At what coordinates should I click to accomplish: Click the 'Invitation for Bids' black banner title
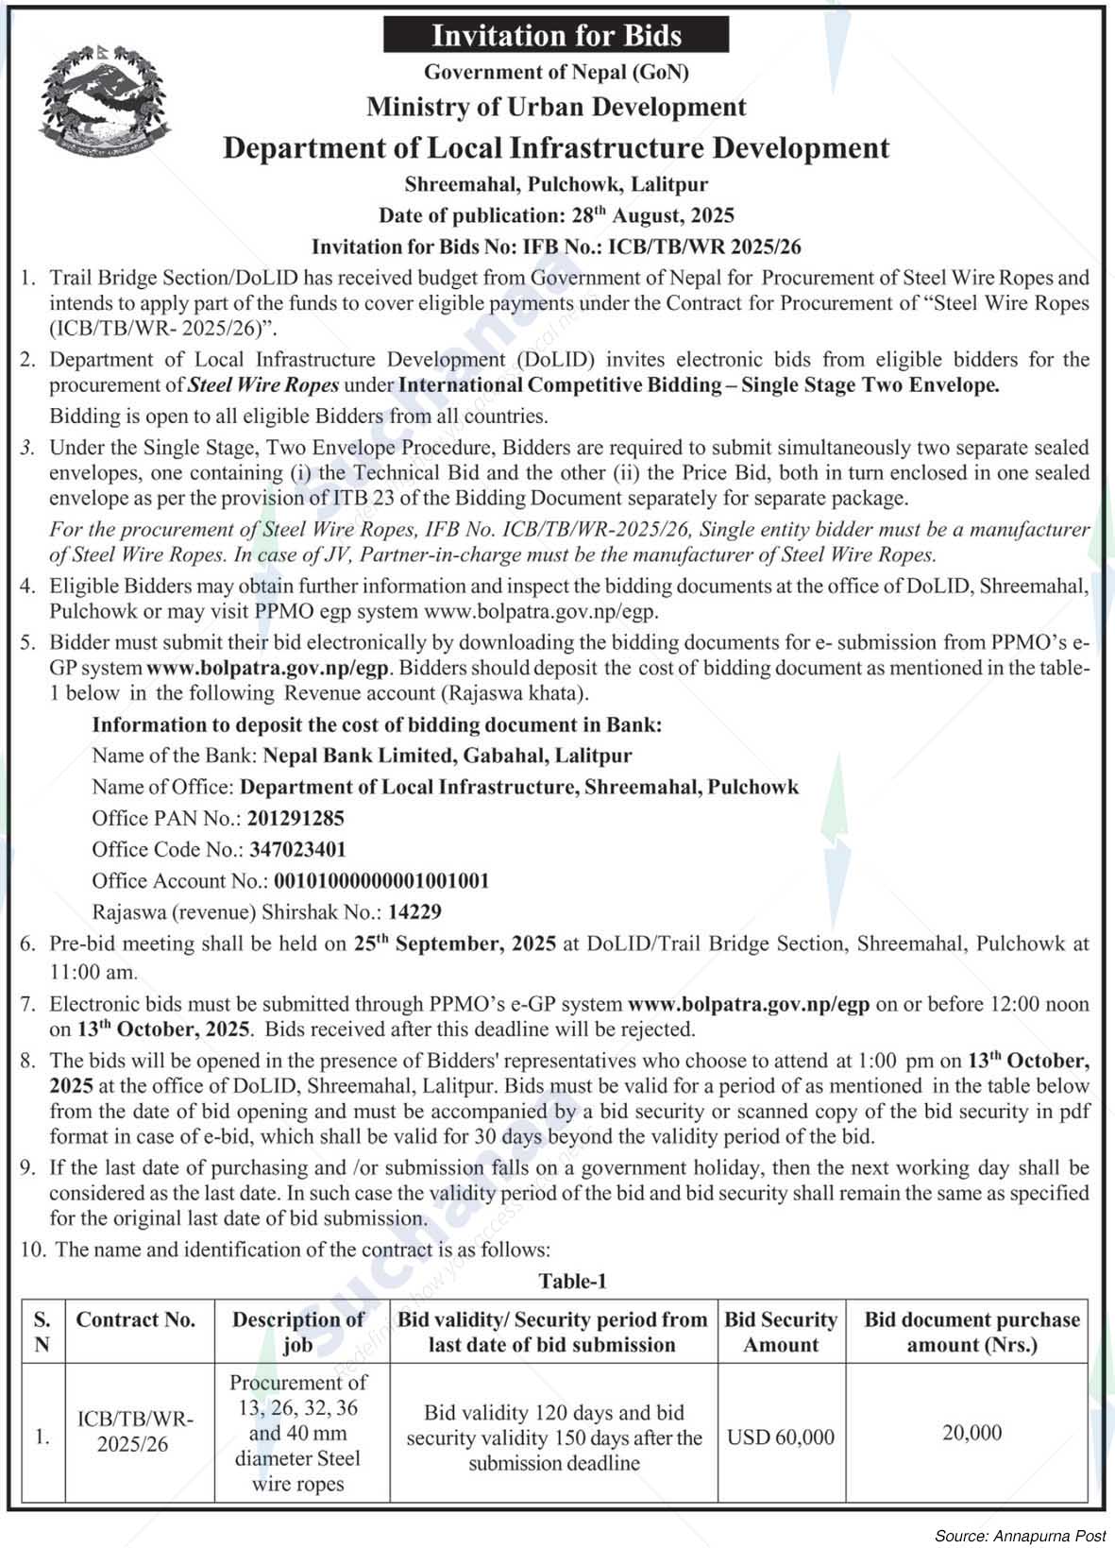point(556,36)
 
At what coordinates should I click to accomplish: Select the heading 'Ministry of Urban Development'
point(556,108)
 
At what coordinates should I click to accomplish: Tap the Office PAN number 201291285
point(296,818)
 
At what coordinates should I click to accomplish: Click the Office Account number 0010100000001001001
point(381,881)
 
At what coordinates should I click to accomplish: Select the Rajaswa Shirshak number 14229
point(414,912)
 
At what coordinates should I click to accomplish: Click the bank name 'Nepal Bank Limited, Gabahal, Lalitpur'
point(448,756)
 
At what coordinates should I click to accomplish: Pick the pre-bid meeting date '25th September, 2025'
point(455,944)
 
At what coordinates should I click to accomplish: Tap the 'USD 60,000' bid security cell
point(781,1437)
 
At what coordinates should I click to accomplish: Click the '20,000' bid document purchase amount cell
point(971,1433)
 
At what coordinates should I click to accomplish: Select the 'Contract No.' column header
point(136,1320)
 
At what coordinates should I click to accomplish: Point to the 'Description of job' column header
point(298,1332)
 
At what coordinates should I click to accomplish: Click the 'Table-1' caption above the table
point(572,1281)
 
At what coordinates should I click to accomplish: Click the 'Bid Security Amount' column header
point(781,1332)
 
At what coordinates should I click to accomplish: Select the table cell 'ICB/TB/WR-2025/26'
point(136,1432)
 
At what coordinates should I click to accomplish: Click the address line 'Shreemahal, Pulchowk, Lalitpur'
point(556,184)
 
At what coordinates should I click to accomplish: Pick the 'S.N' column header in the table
point(42,1332)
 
